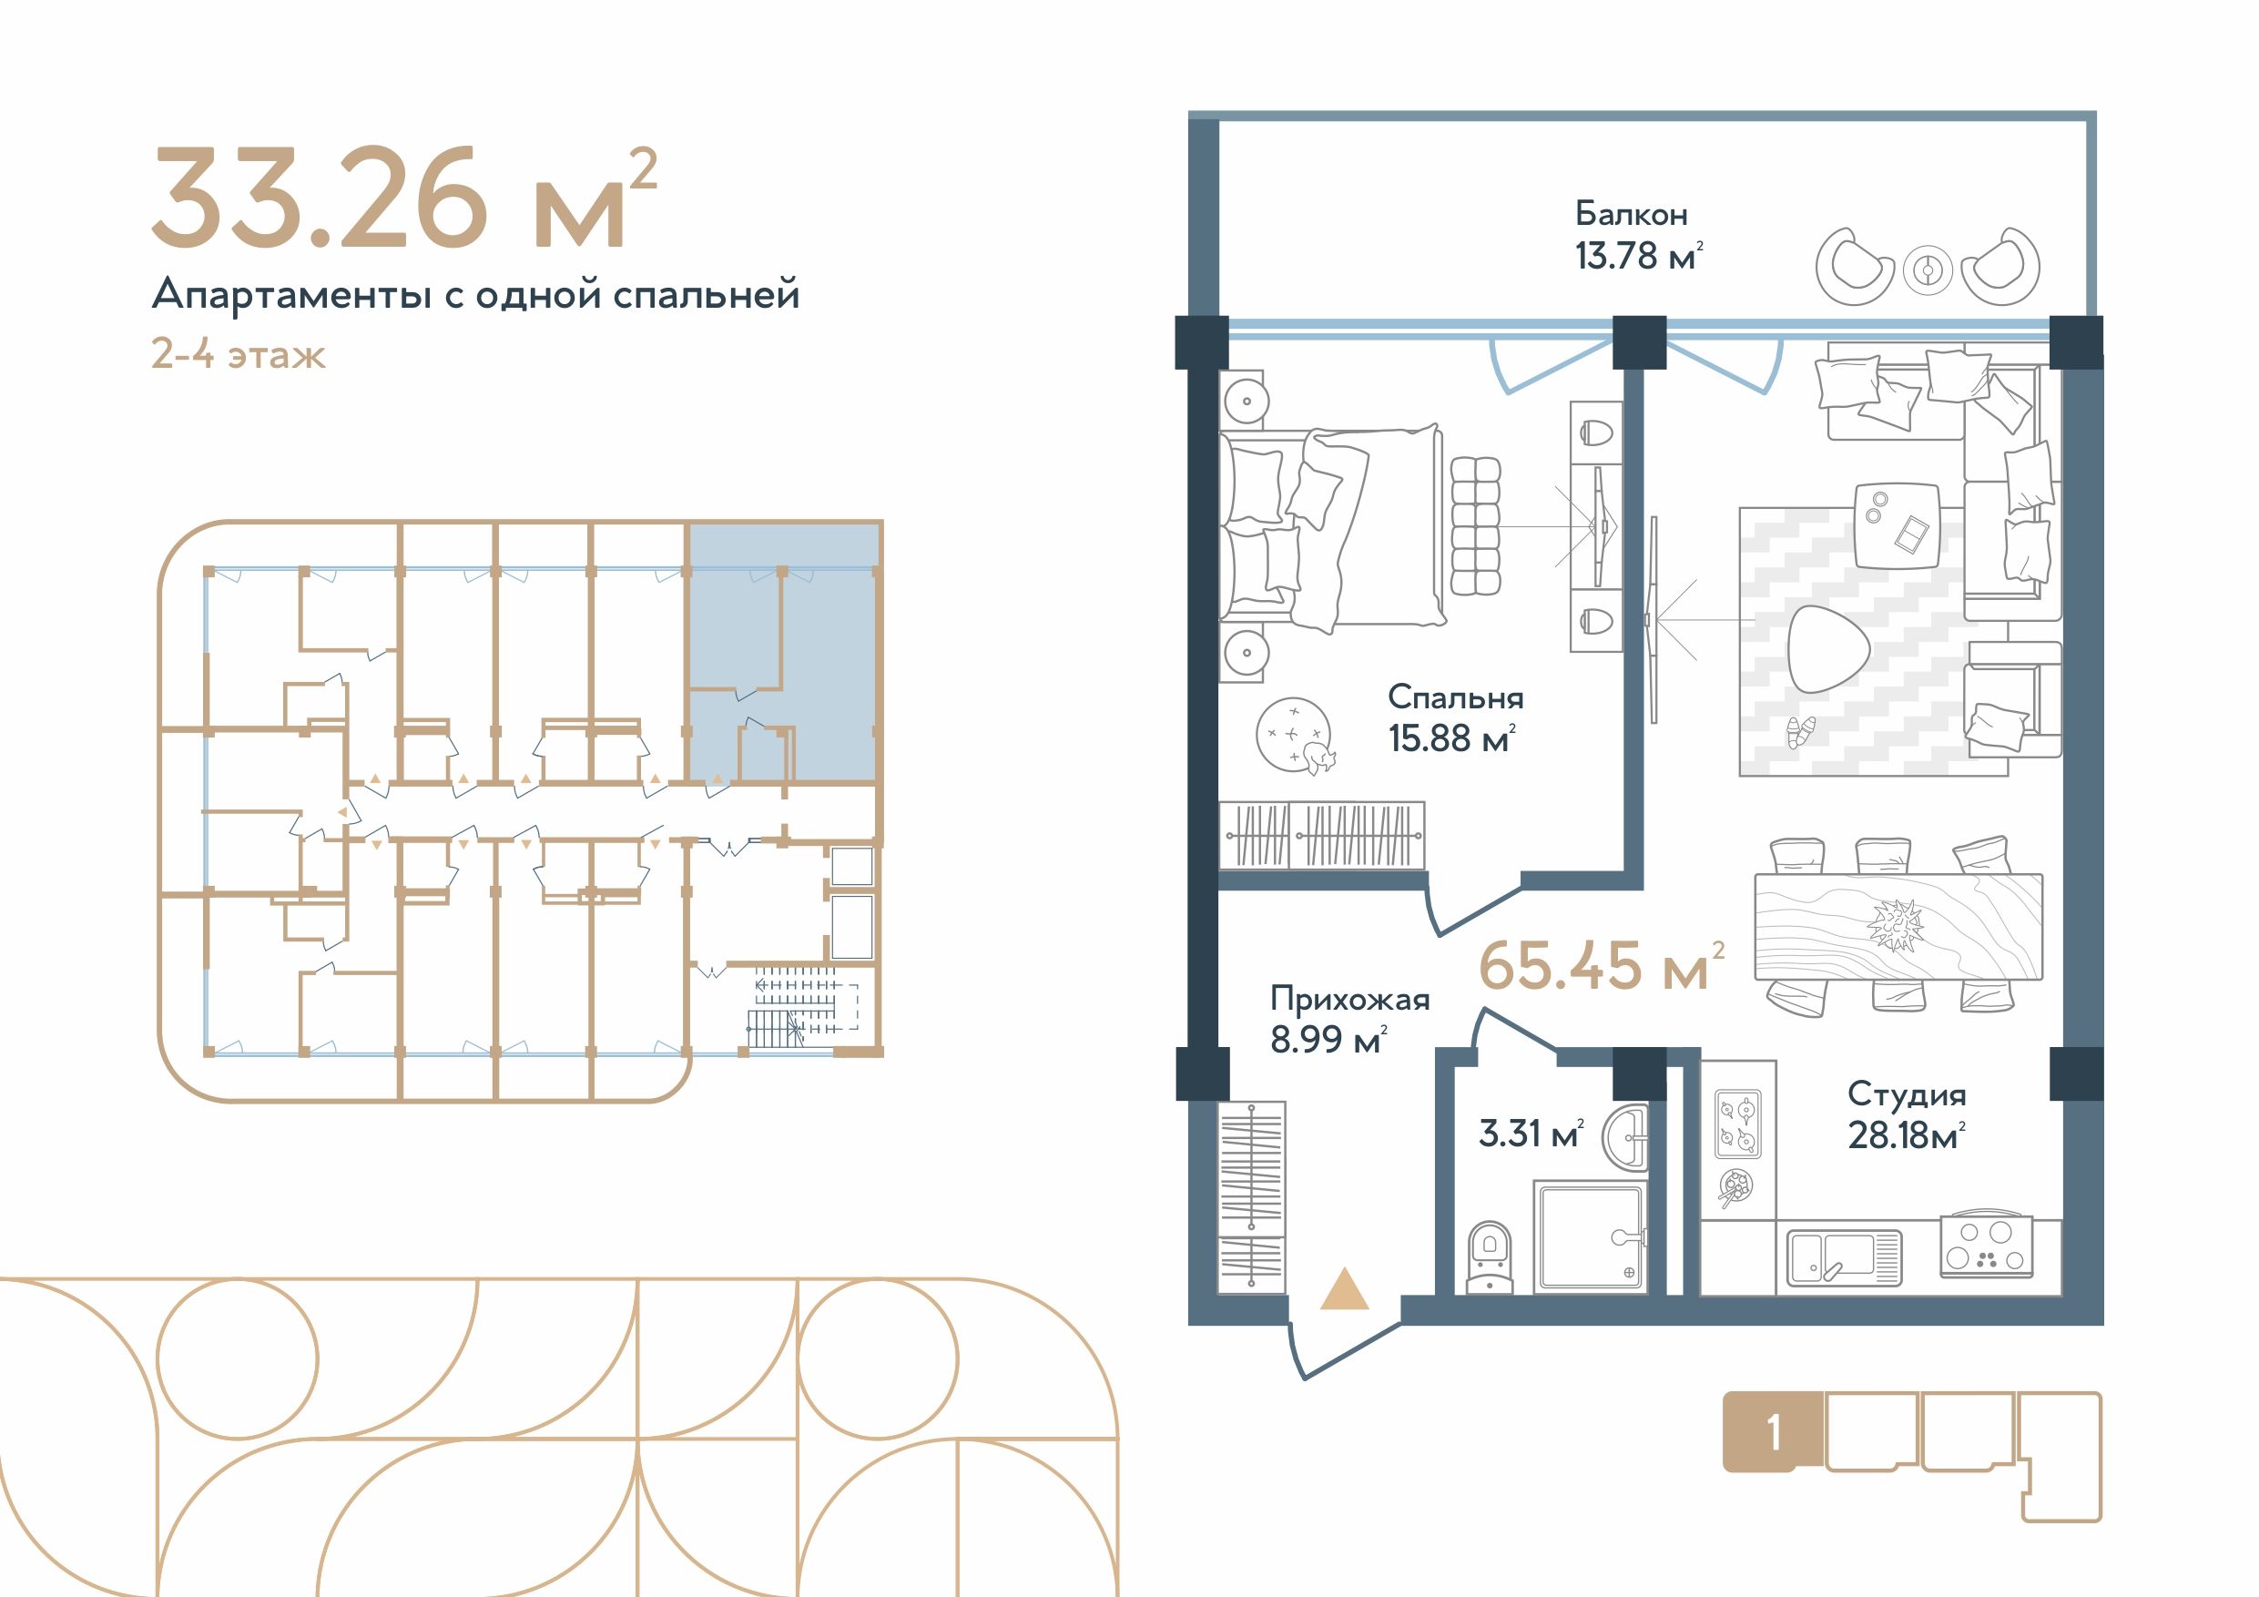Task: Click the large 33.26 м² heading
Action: pos(403,198)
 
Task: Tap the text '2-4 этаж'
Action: pos(238,353)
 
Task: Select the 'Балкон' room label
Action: pos(1632,214)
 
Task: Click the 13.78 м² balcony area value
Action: pos(1638,256)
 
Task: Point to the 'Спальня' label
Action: pos(1455,697)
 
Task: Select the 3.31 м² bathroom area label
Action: pos(1531,1134)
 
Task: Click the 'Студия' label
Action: pos(1907,1093)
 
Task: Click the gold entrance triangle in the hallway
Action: pos(1344,1292)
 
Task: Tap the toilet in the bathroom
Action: pos(1490,1256)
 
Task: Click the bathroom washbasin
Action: pos(1625,1137)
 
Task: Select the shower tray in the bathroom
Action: pos(1588,1236)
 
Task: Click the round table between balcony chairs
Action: pos(1927,269)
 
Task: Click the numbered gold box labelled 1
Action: pos(1772,1434)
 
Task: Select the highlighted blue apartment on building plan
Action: pos(782,651)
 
